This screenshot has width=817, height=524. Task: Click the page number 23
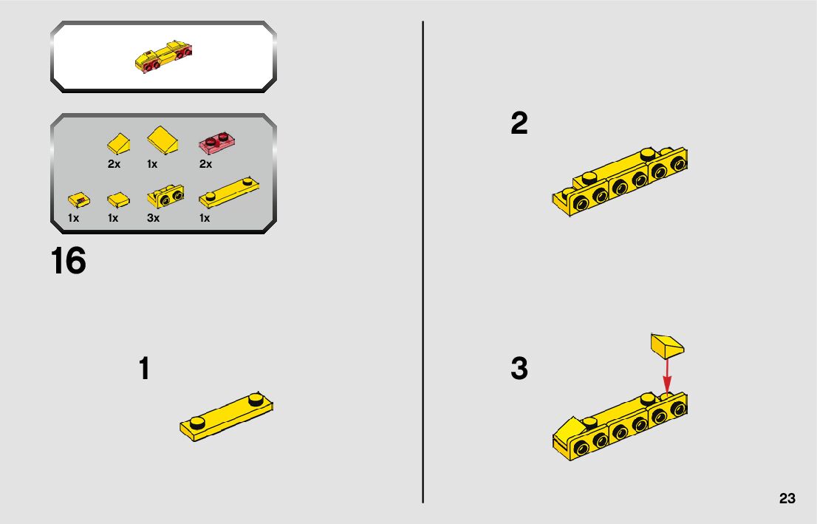[787, 498]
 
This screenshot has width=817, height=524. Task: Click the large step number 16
[68, 261]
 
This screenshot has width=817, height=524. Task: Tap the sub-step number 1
[144, 368]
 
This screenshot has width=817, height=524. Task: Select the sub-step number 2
[519, 123]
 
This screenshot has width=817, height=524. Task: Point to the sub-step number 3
[519, 368]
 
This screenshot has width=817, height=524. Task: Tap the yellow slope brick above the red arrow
[667, 346]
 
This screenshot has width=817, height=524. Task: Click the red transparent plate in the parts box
[216, 143]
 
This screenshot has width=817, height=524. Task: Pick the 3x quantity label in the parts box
[153, 218]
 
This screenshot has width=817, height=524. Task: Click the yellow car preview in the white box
[163, 57]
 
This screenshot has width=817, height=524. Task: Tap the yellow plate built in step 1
[226, 418]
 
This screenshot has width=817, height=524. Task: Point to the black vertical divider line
[423, 262]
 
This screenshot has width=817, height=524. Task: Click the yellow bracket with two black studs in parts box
[165, 197]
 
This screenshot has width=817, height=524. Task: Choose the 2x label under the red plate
[206, 164]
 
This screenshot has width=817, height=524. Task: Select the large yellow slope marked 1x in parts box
[163, 140]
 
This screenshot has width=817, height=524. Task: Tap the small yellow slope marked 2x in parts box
[119, 143]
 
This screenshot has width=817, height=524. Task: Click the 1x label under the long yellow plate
[205, 218]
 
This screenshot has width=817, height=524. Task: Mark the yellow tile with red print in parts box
[79, 200]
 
